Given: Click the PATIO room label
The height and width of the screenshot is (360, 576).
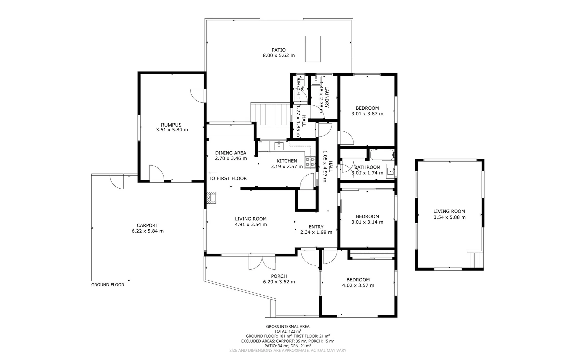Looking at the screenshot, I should click(279, 50).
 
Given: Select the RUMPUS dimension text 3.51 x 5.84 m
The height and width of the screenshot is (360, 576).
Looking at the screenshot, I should click(172, 130).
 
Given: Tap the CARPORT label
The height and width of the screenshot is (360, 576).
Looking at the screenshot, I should click(147, 225).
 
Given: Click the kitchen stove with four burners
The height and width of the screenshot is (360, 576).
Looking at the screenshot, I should click(310, 162).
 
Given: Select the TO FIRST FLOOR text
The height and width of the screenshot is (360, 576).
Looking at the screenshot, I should click(228, 178).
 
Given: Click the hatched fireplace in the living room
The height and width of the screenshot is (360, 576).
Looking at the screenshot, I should click(211, 197).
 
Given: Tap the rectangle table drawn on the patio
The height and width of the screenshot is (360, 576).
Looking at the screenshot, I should click(313, 49).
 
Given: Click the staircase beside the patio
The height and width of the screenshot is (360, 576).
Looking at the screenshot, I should click(271, 114).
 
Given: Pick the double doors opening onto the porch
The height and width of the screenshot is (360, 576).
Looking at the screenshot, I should click(262, 262).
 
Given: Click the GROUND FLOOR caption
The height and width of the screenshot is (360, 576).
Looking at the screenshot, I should click(108, 285).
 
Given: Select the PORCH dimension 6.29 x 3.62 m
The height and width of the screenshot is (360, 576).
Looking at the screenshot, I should click(279, 282).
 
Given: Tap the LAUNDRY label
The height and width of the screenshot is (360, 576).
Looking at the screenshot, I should click(326, 97).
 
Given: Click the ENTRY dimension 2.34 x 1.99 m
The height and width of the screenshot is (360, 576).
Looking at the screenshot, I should click(316, 232).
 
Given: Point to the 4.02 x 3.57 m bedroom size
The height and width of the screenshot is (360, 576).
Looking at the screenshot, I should click(358, 285).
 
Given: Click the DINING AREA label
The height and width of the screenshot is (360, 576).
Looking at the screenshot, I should click(231, 153).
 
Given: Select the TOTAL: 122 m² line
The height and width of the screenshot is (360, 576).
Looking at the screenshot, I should click(288, 331).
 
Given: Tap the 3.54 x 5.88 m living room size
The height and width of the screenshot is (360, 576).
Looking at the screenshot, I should click(449, 217).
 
